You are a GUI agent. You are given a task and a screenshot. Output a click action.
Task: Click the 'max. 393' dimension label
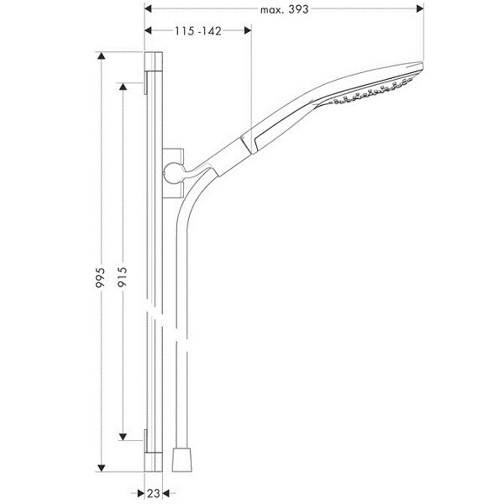[284, 9]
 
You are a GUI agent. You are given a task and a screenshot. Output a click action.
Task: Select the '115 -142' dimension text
[198, 31]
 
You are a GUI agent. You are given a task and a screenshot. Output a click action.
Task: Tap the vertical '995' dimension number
[101, 277]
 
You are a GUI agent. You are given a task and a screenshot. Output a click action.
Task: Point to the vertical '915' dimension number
[123, 277]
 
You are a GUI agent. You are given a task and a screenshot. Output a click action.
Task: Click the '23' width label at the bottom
[154, 493]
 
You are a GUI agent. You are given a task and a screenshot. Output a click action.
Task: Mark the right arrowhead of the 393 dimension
[420, 8]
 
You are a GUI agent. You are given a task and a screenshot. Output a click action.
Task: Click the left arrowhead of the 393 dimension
[148, 8]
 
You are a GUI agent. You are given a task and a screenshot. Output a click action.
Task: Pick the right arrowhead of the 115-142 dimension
[248, 30]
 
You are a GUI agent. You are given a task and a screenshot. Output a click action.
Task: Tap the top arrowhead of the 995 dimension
[102, 56]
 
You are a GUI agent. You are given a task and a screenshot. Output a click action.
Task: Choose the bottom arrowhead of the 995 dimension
[102, 468]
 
